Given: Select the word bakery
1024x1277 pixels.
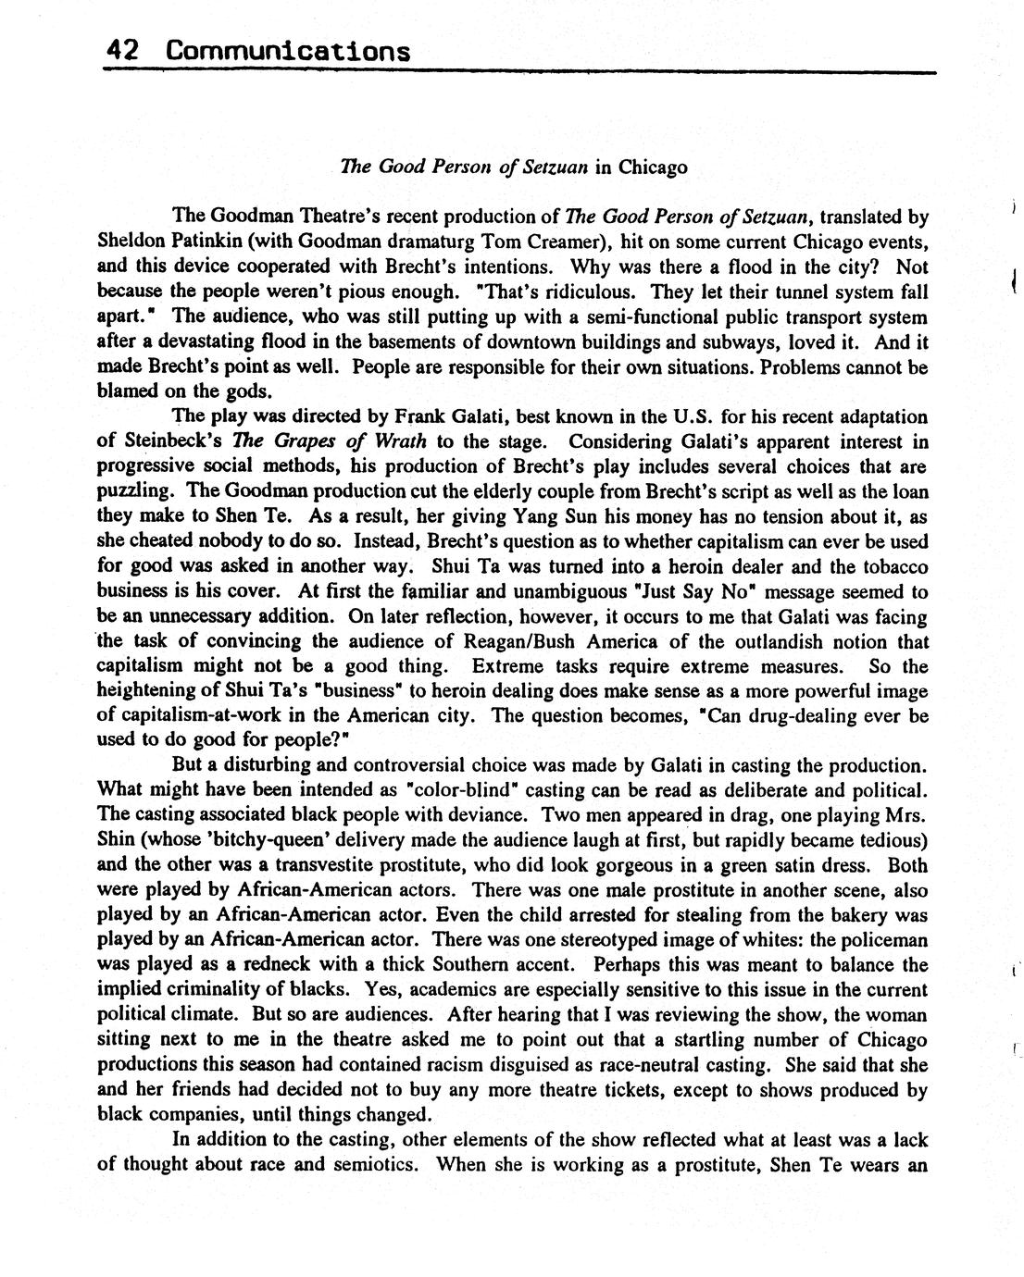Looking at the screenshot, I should [x=831, y=916].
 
